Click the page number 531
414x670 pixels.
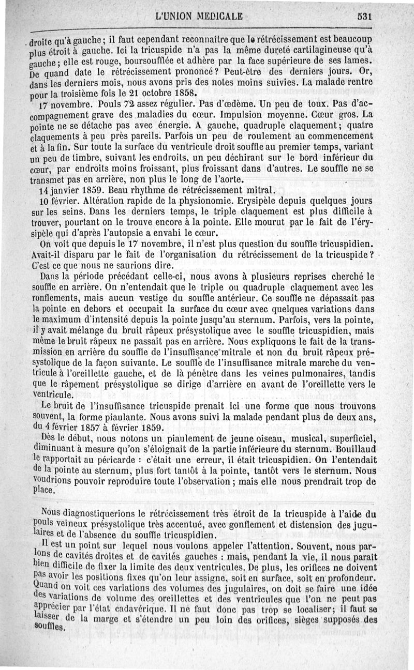click(x=364, y=16)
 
